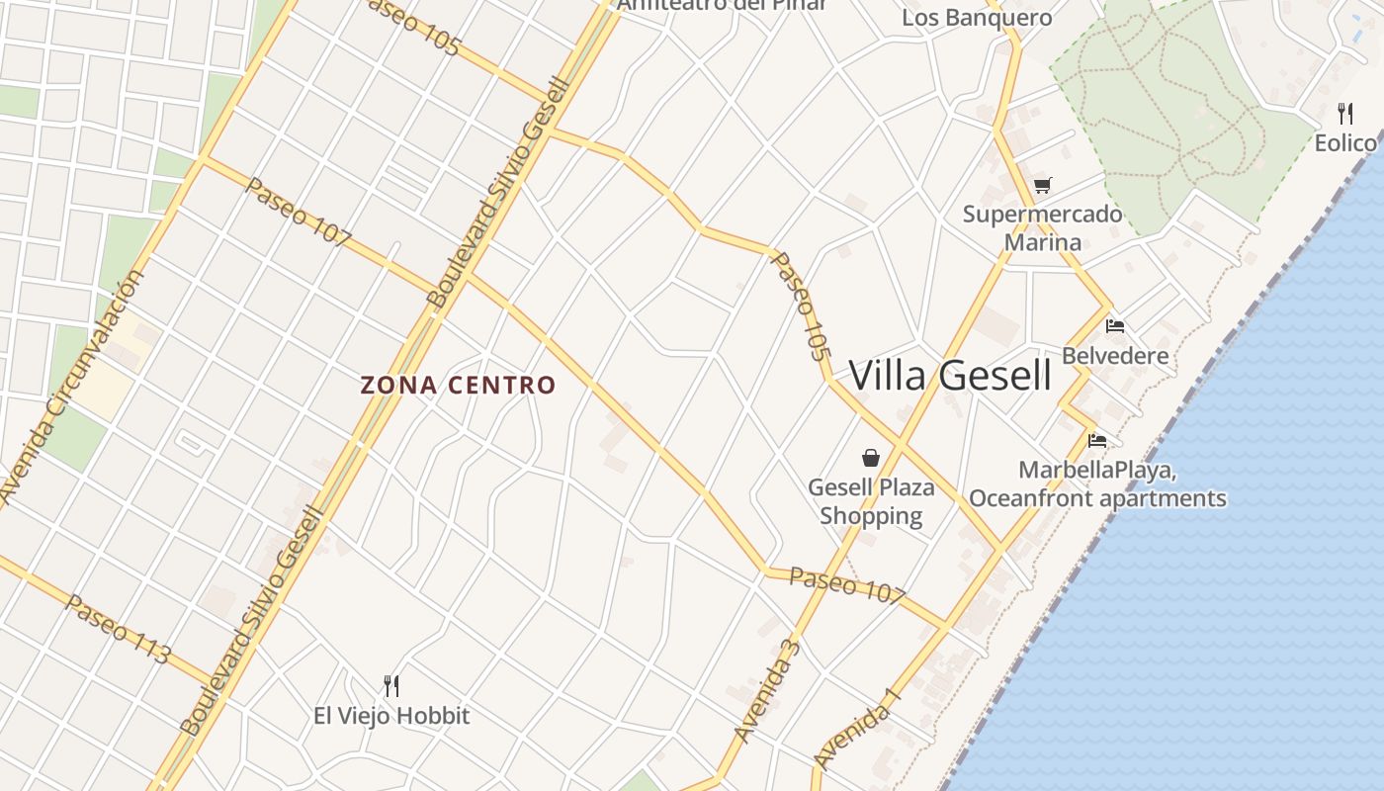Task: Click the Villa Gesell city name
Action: coord(950,376)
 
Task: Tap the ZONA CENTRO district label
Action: coord(458,385)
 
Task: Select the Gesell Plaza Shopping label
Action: coord(871,501)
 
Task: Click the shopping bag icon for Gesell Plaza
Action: coord(871,457)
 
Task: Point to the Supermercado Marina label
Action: coord(1042,228)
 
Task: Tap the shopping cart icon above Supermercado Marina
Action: coord(1042,185)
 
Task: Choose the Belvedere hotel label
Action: coord(1115,356)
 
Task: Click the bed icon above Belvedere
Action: coord(1115,325)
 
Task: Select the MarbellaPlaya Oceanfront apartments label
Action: coord(1097,484)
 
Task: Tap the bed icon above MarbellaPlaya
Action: coord(1096,441)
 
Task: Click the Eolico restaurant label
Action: coord(1345,143)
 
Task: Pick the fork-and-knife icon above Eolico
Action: coord(1345,113)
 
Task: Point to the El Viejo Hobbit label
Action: coord(391,716)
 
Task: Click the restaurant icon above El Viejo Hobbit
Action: coord(391,685)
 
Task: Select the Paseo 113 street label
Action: coord(118,629)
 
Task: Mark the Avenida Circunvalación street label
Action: coord(72,387)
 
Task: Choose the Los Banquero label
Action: coord(977,18)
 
